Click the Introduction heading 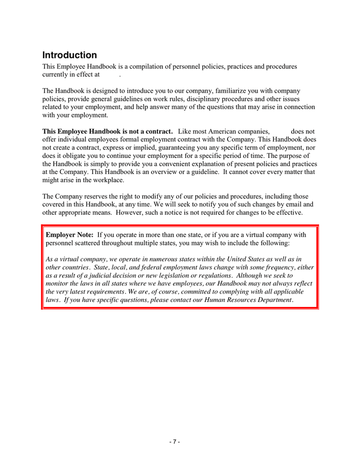click(x=69, y=55)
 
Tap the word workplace click(x=108, y=180)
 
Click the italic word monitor click(x=57, y=284)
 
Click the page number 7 click(x=174, y=442)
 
